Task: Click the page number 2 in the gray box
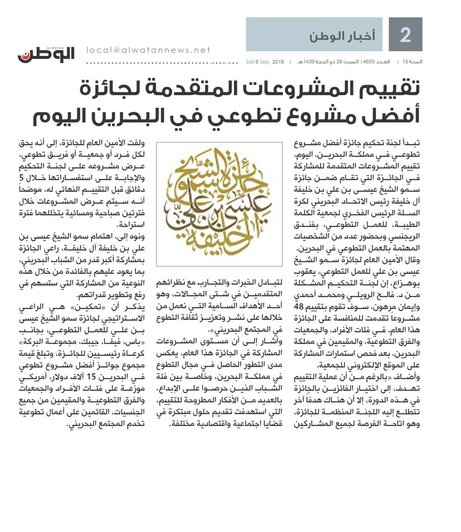(405, 35)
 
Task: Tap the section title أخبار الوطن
(342, 36)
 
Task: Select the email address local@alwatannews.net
(148, 50)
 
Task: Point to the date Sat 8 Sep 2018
(265, 62)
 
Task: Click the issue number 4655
(369, 62)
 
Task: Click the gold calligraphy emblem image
(219, 204)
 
